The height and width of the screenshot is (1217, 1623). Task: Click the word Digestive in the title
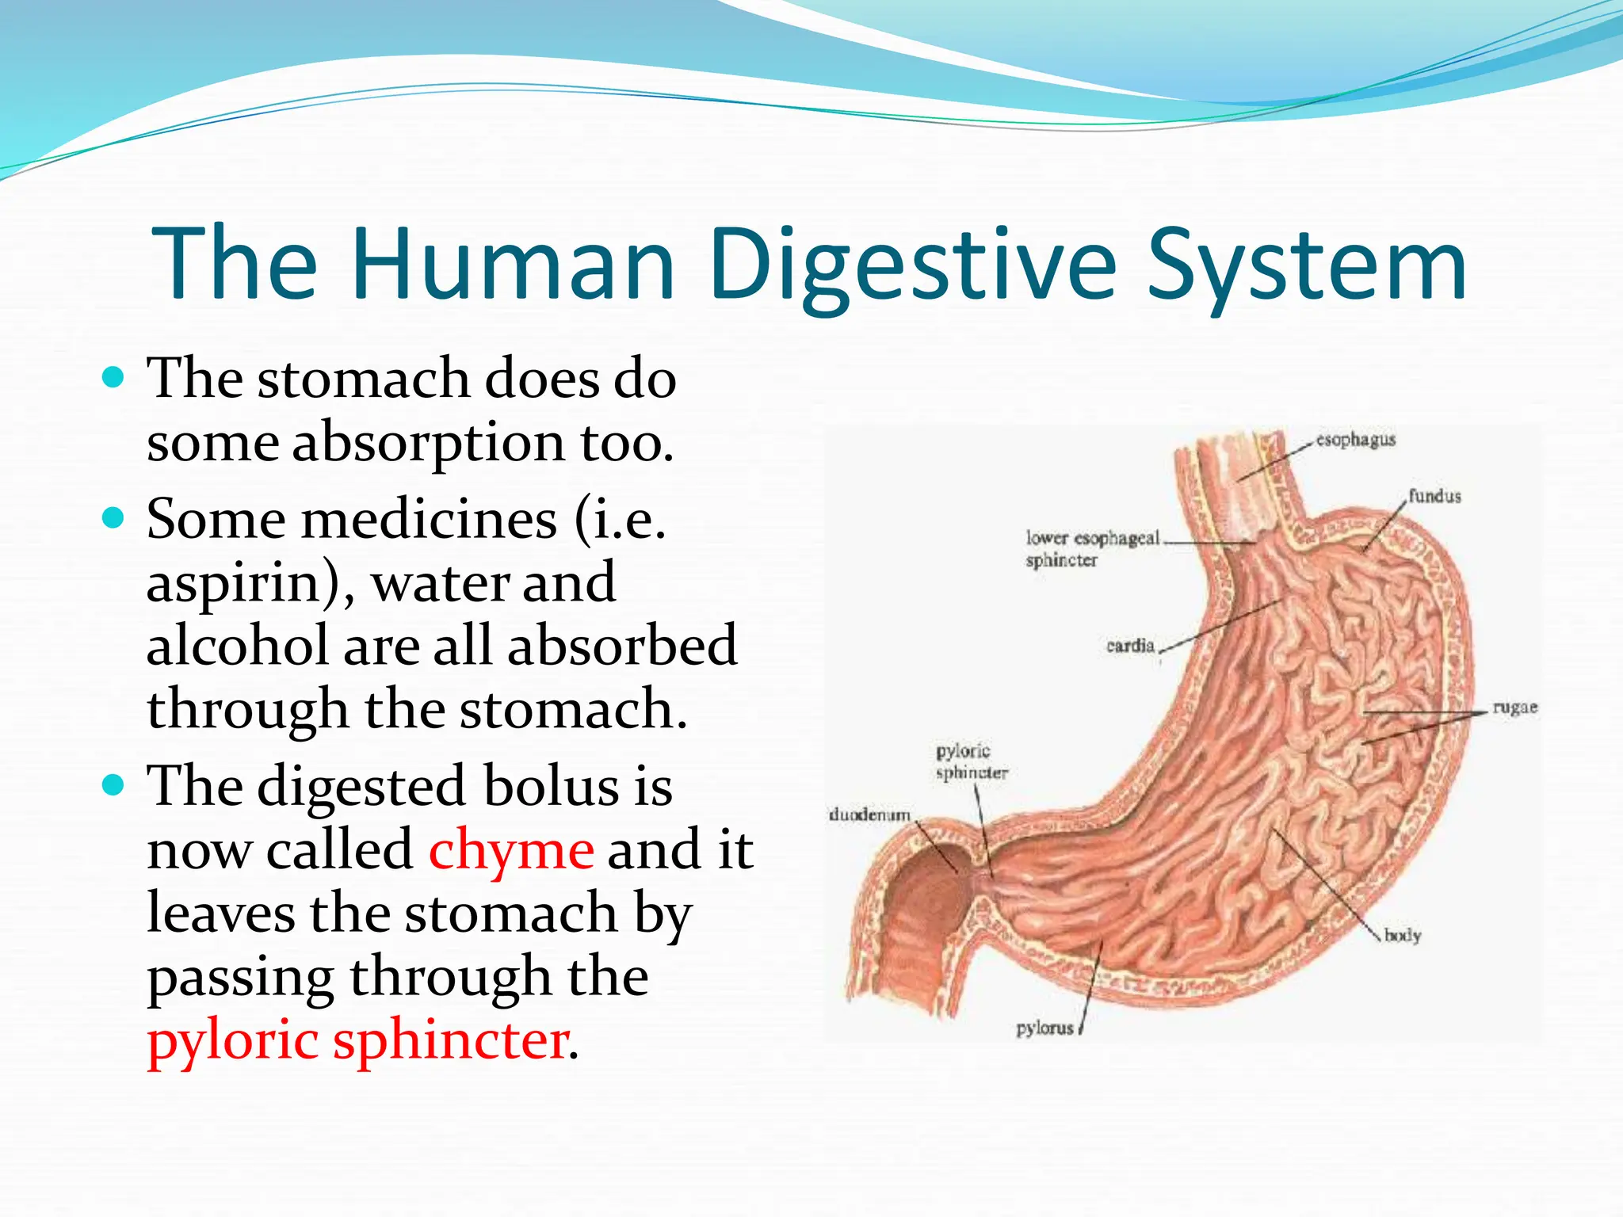click(912, 265)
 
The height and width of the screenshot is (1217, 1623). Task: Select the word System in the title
click(1307, 265)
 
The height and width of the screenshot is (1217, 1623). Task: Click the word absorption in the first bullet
click(428, 444)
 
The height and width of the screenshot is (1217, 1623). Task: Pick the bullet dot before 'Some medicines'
click(114, 519)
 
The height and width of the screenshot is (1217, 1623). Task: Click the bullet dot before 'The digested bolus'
click(114, 786)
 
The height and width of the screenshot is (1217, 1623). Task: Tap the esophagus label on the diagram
click(1355, 440)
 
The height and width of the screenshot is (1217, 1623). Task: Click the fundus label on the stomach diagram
click(1434, 497)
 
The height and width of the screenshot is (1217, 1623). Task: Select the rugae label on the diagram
click(1514, 708)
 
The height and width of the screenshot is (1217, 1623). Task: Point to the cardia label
click(1130, 646)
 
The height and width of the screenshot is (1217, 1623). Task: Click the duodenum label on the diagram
click(869, 815)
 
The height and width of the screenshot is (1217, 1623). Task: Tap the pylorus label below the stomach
click(1044, 1028)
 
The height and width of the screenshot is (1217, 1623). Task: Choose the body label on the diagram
click(1402, 936)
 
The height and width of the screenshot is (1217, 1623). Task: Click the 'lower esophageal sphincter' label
click(1091, 549)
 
